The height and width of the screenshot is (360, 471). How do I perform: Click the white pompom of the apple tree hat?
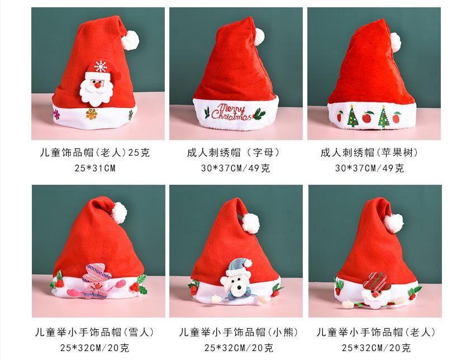[x=395, y=40]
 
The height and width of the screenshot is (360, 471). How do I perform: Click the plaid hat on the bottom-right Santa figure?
[x=378, y=279]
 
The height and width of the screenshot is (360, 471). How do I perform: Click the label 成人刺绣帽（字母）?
[x=234, y=152]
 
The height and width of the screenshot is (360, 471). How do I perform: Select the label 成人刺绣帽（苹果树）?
[x=369, y=152]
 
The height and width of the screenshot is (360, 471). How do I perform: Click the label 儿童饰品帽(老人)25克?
[x=95, y=152]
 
